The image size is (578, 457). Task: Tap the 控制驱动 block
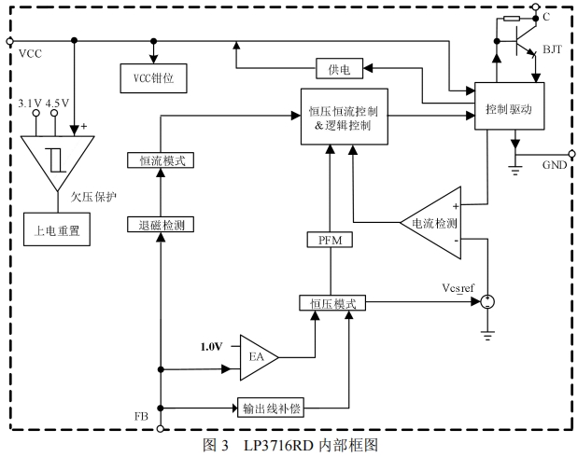click(x=508, y=109)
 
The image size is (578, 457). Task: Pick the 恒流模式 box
click(x=161, y=159)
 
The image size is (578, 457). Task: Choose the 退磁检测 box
click(x=161, y=225)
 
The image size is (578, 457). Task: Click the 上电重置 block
click(x=57, y=228)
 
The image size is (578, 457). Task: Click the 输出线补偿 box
click(x=271, y=408)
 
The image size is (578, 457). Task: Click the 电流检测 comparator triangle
click(x=432, y=224)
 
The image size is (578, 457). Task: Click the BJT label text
click(x=552, y=49)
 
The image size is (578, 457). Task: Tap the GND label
click(x=555, y=165)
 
